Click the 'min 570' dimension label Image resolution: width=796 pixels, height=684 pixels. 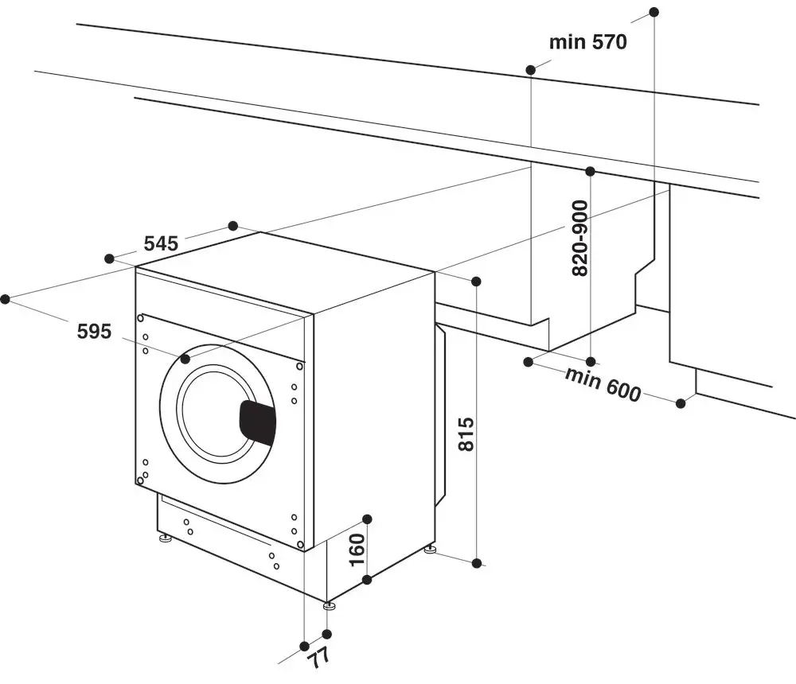(x=588, y=42)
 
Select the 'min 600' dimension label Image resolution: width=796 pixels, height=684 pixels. (x=603, y=385)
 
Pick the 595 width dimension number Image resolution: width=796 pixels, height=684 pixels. (x=94, y=332)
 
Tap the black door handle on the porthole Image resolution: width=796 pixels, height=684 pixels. (x=257, y=421)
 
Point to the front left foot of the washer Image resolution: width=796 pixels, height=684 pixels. (x=166, y=539)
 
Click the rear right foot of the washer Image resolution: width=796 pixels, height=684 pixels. (x=431, y=548)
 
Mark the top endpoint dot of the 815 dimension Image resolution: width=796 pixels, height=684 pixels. (x=476, y=282)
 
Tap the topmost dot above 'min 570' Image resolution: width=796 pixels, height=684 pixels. (x=654, y=12)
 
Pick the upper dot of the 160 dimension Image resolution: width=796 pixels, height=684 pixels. (x=367, y=519)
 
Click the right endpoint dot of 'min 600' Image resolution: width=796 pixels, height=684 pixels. (x=681, y=403)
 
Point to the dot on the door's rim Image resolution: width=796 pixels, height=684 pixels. (x=185, y=359)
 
